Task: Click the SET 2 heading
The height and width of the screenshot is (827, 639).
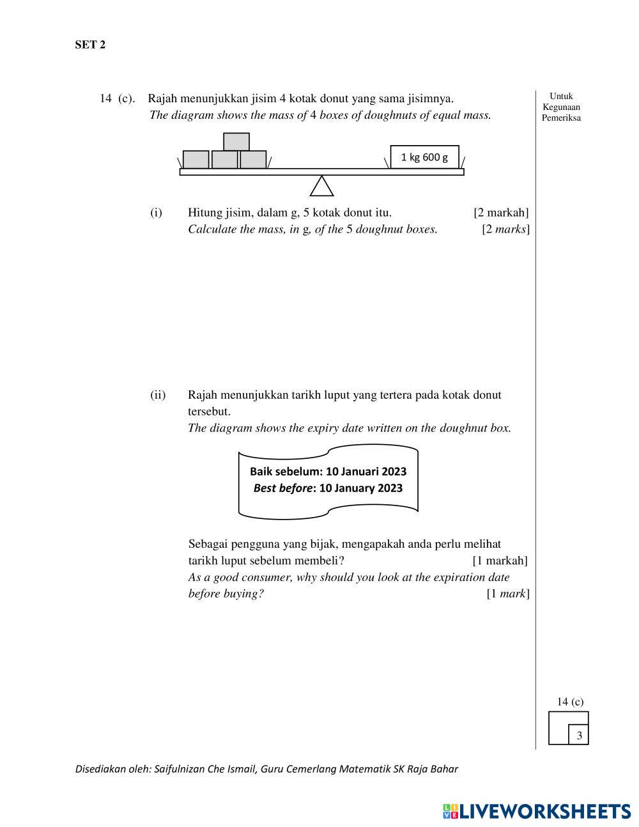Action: tap(90, 45)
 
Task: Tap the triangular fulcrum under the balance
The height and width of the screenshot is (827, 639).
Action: tap(321, 187)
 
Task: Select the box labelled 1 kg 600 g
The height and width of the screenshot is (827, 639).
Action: tap(424, 157)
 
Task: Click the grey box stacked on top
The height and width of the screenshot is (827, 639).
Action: tap(236, 141)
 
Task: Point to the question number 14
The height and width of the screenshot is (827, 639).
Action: tap(106, 98)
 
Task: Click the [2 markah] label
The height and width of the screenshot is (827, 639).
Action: tap(501, 212)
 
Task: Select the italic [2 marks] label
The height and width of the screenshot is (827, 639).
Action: tap(505, 229)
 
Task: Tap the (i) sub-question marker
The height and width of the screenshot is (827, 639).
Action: tap(156, 212)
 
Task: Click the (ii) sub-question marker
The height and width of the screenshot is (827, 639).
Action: tap(158, 395)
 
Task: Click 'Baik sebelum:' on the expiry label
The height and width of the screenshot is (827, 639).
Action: tap(286, 472)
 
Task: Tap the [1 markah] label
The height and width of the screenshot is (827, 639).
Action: tap(500, 560)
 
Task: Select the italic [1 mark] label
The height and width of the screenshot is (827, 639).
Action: tap(507, 594)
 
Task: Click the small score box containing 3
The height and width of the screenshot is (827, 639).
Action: tap(579, 736)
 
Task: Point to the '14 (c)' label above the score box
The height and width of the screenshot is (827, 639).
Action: tap(570, 702)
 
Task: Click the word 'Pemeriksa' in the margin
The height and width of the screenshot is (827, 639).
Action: tap(561, 118)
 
